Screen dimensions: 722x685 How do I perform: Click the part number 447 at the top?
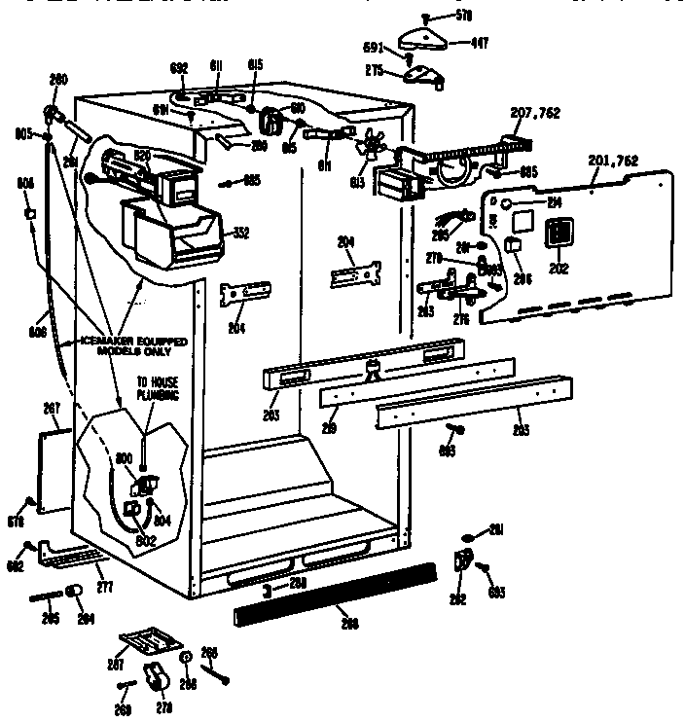[x=480, y=43]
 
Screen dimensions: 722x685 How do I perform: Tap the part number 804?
[x=162, y=521]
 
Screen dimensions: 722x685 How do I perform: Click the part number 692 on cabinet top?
[x=178, y=68]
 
